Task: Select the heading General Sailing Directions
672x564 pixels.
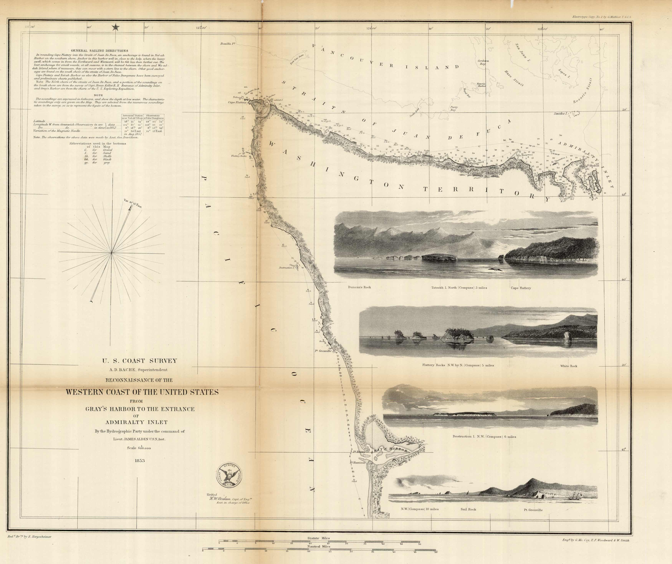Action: pos(99,50)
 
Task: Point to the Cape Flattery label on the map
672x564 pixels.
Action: pos(237,103)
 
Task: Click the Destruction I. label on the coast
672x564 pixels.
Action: pos(286,267)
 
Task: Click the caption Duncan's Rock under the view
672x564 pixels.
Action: pos(359,287)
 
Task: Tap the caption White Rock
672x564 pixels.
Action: pos(569,366)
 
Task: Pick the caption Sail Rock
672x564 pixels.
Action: pos(468,509)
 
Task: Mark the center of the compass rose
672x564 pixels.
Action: pos(112,253)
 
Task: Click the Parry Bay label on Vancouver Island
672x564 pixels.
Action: pos(454,108)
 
